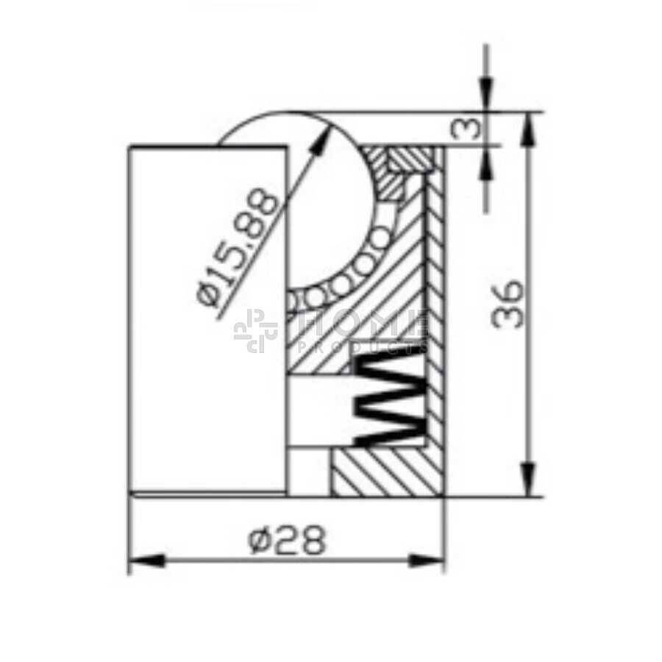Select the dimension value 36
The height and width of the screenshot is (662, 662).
point(508,304)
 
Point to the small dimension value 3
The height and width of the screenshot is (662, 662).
point(466,128)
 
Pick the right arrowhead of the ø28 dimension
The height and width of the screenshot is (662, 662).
point(427,561)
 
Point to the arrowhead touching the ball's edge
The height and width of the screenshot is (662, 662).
point(321,138)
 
